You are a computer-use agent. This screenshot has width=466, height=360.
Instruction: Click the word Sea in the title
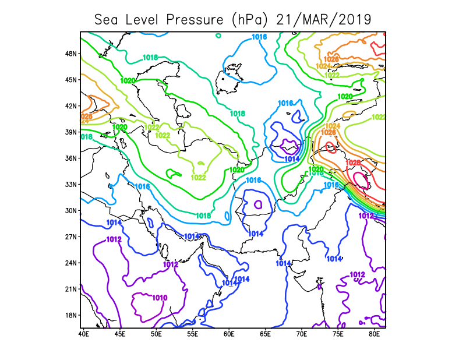pos(107,20)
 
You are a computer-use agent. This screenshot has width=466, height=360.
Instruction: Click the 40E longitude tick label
pos(83,335)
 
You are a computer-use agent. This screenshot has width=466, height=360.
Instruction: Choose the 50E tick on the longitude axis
pos(156,335)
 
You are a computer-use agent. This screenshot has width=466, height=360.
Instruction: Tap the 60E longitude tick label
pos(229,335)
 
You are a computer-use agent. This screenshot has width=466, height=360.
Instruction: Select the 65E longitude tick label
pos(266,335)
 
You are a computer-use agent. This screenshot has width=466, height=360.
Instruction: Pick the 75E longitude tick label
pos(338,335)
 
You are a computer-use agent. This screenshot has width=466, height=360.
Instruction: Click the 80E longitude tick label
pos(375,335)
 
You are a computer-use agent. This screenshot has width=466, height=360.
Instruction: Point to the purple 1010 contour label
pos(160,298)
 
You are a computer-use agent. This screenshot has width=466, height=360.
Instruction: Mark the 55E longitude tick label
pos(193,335)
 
